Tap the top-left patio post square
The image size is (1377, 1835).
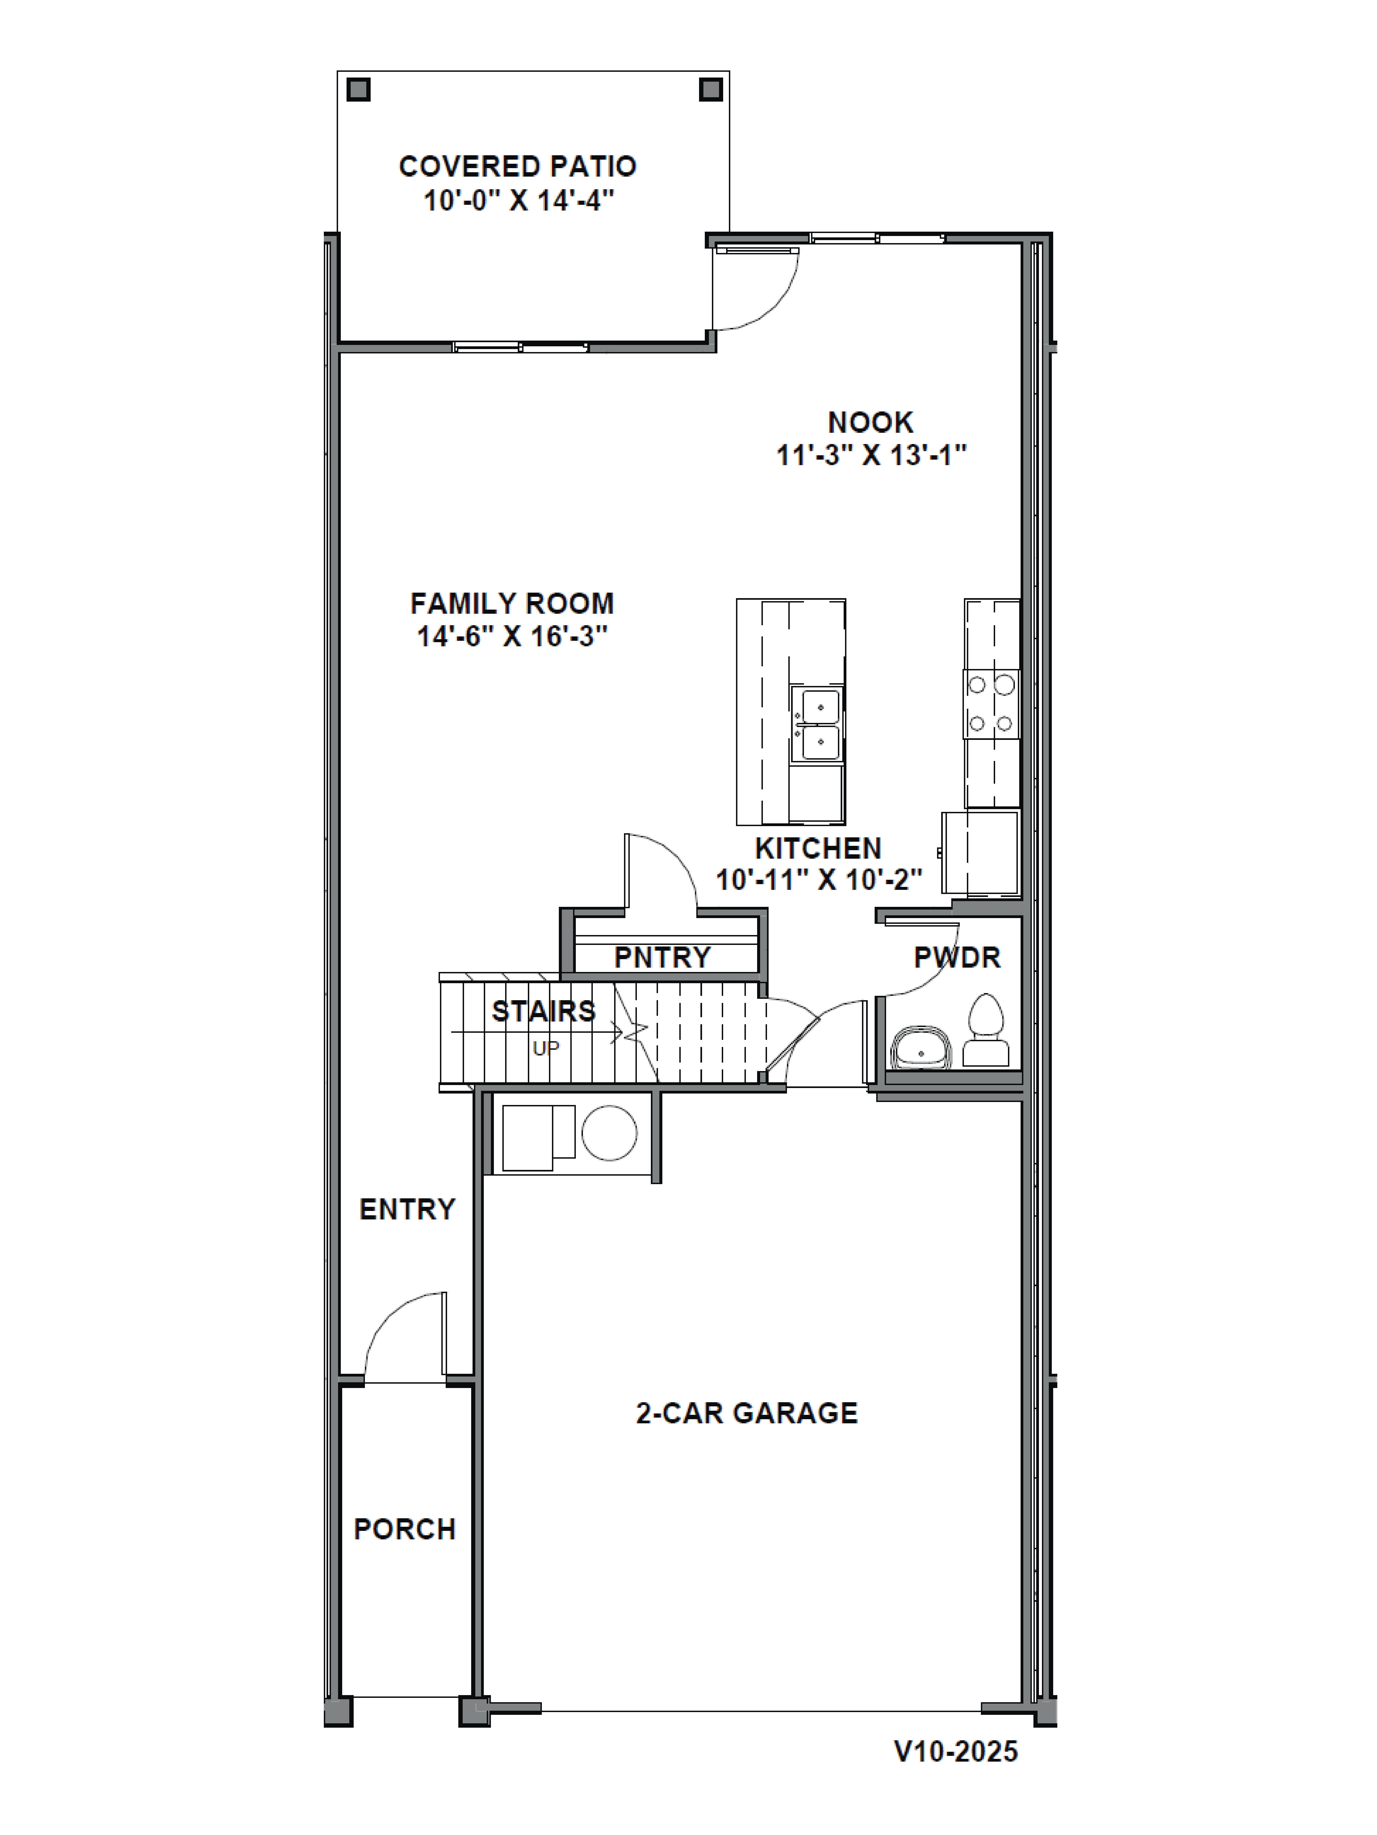[358, 90]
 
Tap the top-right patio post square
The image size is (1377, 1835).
[711, 90]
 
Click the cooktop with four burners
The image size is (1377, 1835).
[991, 703]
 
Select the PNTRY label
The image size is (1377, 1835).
[662, 957]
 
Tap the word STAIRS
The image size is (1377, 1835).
[544, 1011]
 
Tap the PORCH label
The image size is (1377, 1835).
[405, 1529]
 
